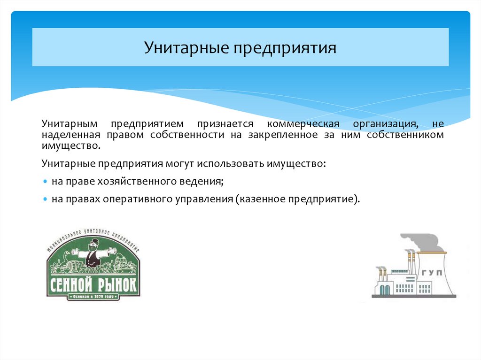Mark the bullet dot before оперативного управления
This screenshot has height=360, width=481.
(x=45, y=199)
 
